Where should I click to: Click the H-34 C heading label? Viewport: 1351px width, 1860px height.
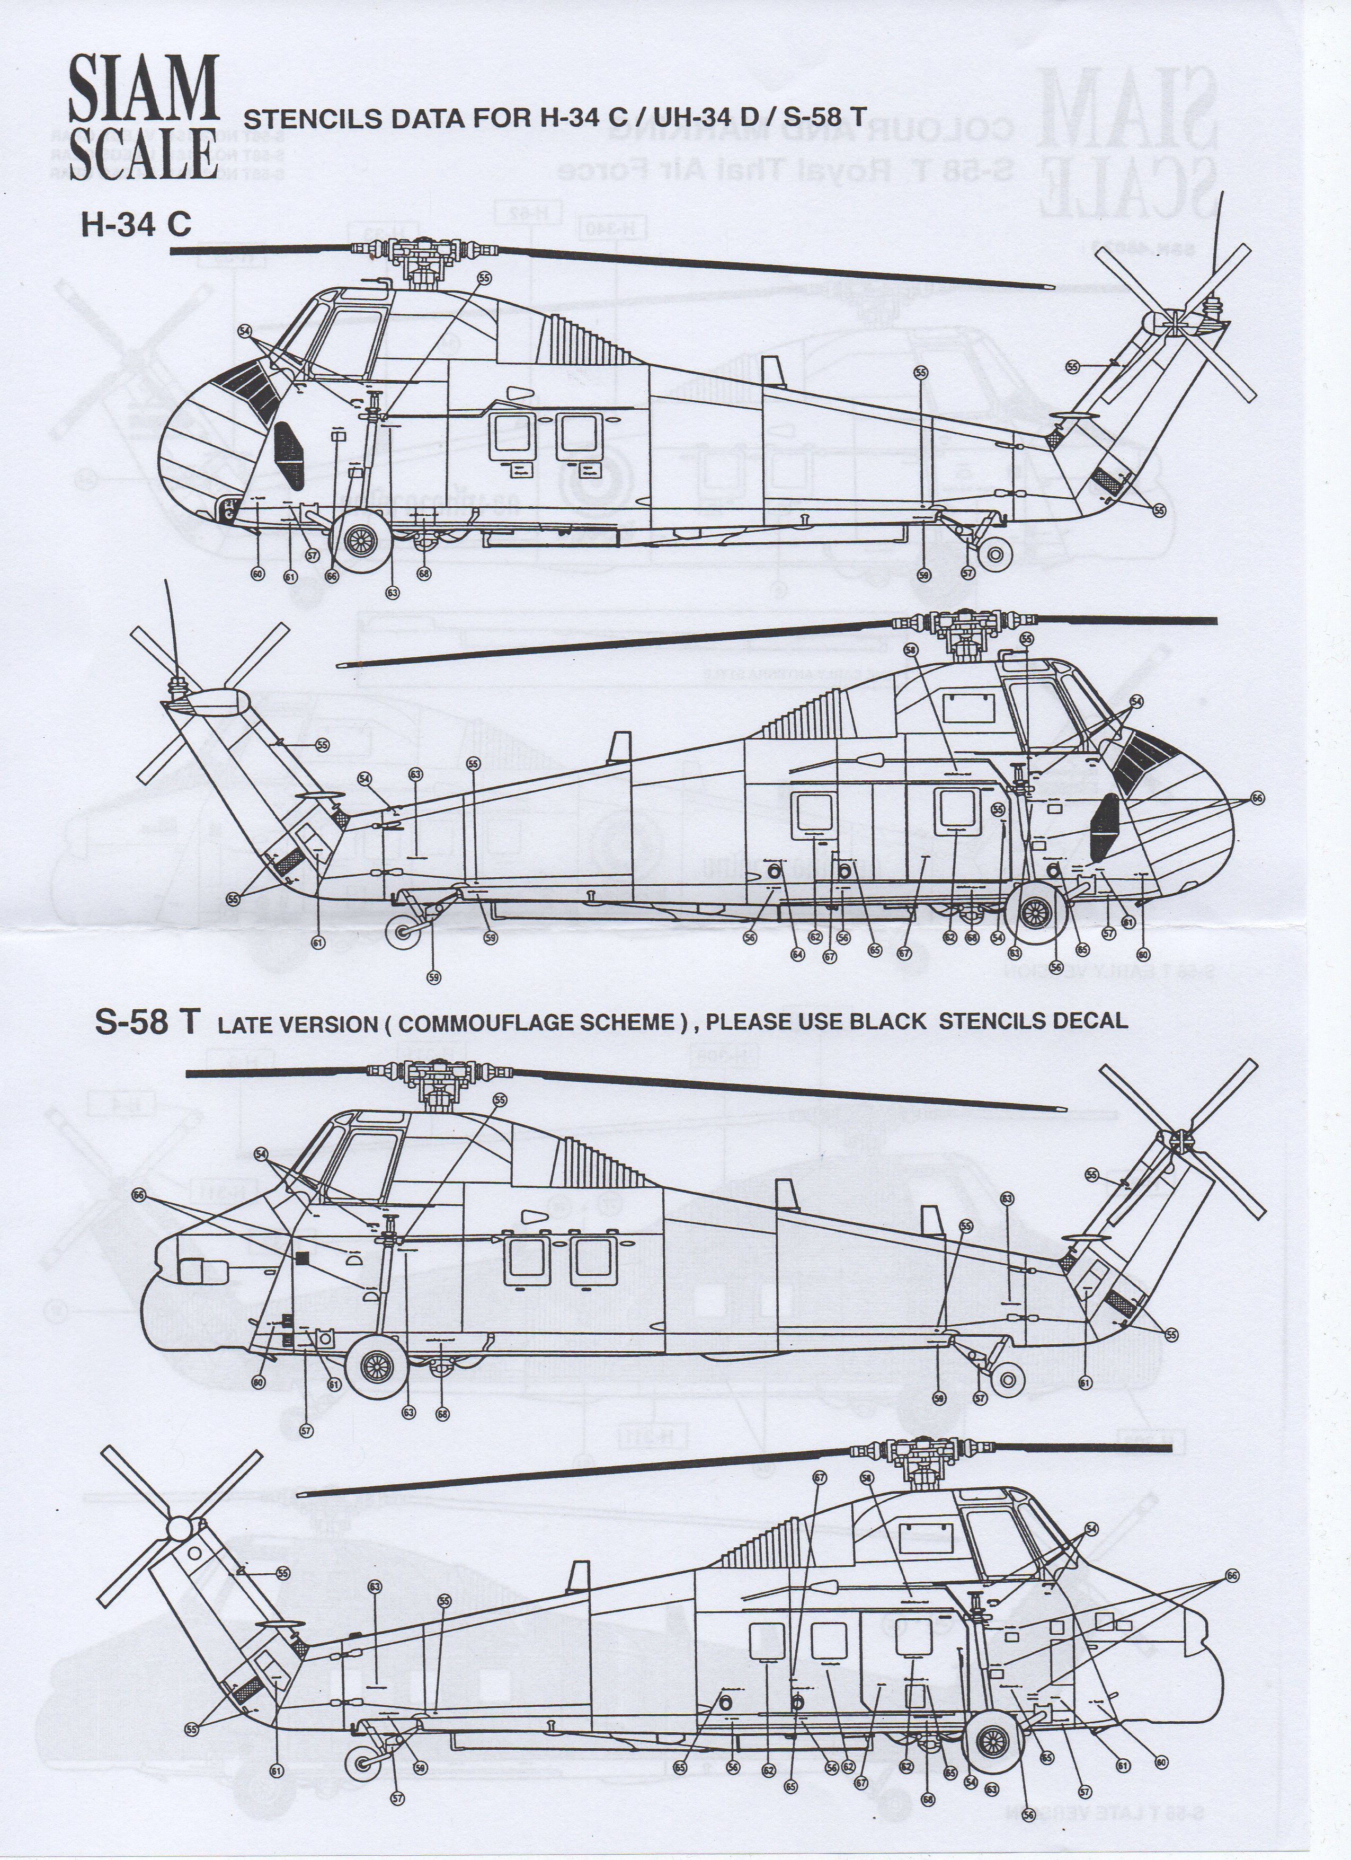point(135,224)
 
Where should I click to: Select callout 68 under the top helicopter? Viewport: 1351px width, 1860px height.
point(423,573)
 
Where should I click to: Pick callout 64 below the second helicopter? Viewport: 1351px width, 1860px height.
point(797,954)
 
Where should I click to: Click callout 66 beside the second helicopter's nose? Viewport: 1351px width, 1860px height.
point(1257,797)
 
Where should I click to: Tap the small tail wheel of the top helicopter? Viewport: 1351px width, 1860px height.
point(995,556)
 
